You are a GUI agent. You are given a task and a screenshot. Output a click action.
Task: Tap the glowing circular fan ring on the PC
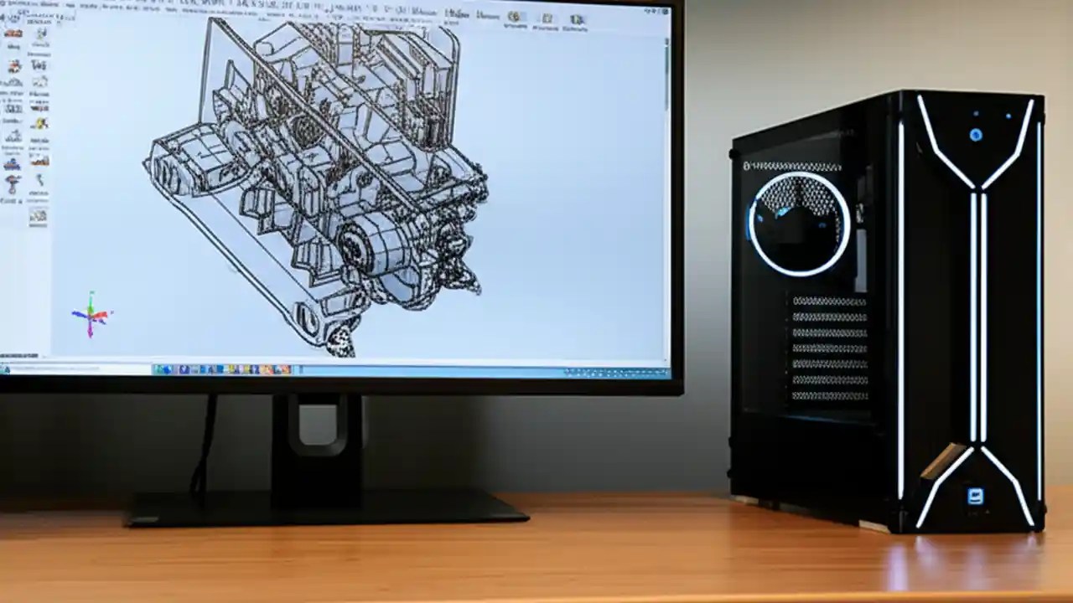pyautogui.click(x=799, y=224)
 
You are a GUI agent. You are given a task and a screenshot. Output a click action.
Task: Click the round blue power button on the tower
pyautogui.click(x=975, y=134)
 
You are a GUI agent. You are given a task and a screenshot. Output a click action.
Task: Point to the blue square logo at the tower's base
pyautogui.click(x=975, y=496)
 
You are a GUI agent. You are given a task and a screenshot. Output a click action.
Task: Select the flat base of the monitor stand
pyautogui.click(x=327, y=508)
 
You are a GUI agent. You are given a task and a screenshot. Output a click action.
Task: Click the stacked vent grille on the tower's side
pyautogui.click(x=829, y=348)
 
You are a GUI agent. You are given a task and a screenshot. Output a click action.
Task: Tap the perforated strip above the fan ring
pyautogui.click(x=792, y=166)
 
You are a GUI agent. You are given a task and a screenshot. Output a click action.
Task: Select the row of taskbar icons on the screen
pyautogui.click(x=222, y=369)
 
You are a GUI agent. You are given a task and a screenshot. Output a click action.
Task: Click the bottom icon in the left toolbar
pyautogui.click(x=38, y=217)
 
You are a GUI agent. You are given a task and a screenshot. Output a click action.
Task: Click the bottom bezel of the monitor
pyautogui.click(x=335, y=385)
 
